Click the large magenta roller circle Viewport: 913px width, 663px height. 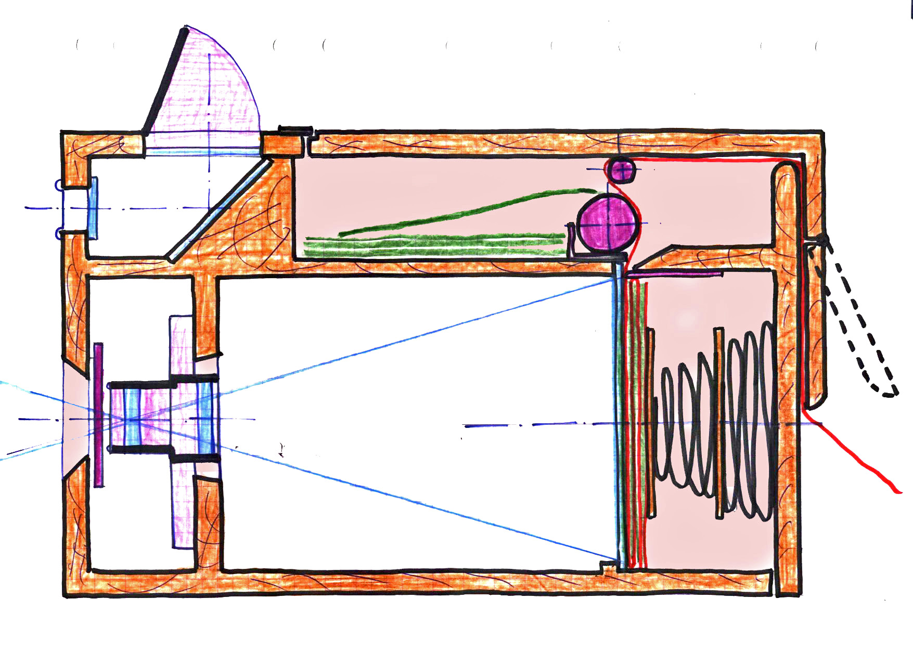(x=608, y=224)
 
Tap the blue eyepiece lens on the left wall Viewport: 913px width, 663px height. (x=93, y=208)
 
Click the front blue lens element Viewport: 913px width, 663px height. (x=132, y=416)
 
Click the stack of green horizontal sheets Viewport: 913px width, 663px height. (x=432, y=245)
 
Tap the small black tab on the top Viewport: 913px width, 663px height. (x=295, y=130)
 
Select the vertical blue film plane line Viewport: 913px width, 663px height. (x=619, y=416)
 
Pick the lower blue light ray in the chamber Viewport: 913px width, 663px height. (x=416, y=502)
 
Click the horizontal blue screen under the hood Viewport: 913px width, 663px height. (x=203, y=152)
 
